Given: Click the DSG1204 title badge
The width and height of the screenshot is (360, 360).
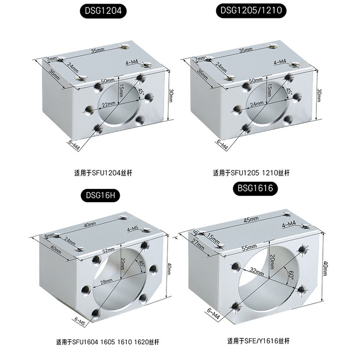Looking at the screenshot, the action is (x=103, y=10).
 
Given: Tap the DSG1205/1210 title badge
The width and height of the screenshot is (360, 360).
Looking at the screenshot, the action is (x=251, y=10).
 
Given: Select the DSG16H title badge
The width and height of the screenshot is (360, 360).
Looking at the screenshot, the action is (x=100, y=195).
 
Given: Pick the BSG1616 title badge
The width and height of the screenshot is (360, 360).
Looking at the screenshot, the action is (x=255, y=189).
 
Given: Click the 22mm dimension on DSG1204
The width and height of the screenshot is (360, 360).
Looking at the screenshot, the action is (x=108, y=104).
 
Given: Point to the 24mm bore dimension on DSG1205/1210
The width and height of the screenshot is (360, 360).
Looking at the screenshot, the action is (x=256, y=104).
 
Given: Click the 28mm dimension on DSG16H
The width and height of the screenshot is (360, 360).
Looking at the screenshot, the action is (x=106, y=281).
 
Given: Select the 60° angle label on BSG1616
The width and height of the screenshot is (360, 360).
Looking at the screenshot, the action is (x=291, y=274).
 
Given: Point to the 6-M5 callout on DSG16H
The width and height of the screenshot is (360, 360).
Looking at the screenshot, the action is (x=80, y=322).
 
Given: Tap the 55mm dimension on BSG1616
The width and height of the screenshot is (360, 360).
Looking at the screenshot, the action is (x=249, y=247).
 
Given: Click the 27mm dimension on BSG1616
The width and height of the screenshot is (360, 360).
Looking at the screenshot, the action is (x=198, y=245).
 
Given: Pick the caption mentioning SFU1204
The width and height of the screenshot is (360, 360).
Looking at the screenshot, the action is (x=103, y=173).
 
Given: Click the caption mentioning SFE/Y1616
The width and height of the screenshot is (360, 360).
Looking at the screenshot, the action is (x=258, y=341).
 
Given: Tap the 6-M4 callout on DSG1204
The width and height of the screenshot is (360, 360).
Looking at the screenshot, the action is (x=74, y=145).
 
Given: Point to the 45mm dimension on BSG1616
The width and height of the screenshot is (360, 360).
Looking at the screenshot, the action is (x=251, y=220).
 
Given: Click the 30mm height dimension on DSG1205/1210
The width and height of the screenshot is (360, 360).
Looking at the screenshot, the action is (x=319, y=95).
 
